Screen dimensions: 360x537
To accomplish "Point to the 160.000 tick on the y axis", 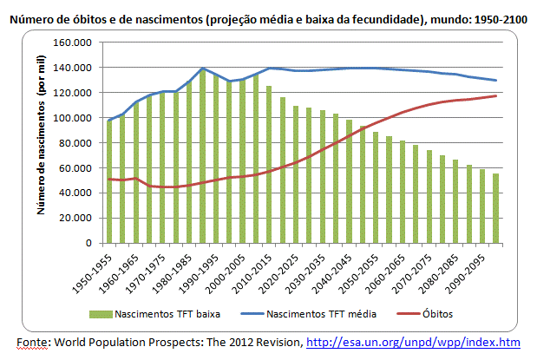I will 73,43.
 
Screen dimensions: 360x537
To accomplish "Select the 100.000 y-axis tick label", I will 73,118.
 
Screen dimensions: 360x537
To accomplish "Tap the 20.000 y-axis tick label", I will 75,219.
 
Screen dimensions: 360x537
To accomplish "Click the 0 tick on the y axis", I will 89,244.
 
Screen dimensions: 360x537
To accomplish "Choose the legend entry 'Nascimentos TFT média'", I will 311,314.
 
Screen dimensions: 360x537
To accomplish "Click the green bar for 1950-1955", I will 109,182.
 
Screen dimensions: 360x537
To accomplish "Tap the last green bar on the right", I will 496,208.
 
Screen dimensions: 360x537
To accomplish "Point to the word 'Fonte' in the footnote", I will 31,342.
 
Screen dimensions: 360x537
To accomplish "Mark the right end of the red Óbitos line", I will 496,95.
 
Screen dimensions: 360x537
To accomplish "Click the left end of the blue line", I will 109,120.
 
